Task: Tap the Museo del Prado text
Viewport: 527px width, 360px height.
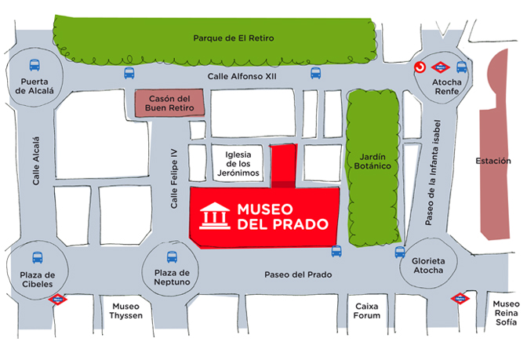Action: point(275,217)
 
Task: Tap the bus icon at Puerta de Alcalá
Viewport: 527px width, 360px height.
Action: point(35,65)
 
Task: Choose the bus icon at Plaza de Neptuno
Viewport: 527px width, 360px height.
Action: point(173,256)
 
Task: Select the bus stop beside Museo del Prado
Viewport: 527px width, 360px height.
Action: point(336,251)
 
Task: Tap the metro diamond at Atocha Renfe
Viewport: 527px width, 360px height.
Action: point(442,67)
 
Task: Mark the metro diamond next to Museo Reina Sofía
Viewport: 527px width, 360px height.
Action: point(460,298)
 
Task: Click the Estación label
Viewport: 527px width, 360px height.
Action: point(492,162)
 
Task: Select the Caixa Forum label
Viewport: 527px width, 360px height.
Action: point(367,311)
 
